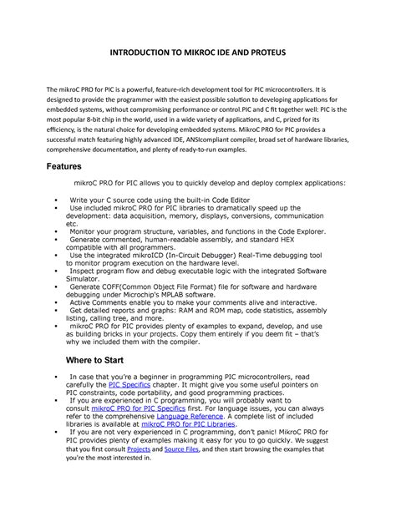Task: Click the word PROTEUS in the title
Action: point(263,53)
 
